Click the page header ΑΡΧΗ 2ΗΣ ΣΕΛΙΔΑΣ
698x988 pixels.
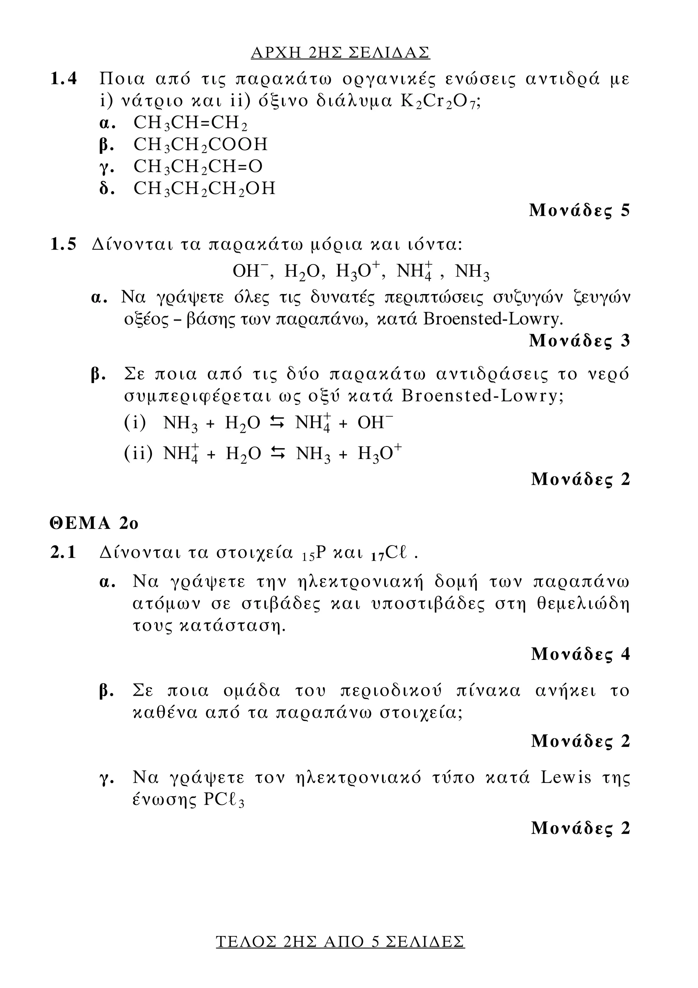coord(340,53)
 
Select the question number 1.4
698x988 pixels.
coord(64,79)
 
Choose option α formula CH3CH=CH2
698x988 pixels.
coord(191,123)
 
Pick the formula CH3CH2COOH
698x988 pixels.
coord(200,145)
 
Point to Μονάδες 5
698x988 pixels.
coord(579,210)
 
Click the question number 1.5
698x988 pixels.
coord(64,245)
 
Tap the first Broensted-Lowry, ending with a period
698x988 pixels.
coord(493,319)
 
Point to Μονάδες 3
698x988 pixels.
coord(579,341)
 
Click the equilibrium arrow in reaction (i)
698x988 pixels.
coord(277,424)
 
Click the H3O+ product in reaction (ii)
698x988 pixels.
coord(379,454)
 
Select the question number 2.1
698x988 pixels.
coord(64,552)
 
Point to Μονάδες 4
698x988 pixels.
coord(580,654)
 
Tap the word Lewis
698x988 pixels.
coord(566,778)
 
